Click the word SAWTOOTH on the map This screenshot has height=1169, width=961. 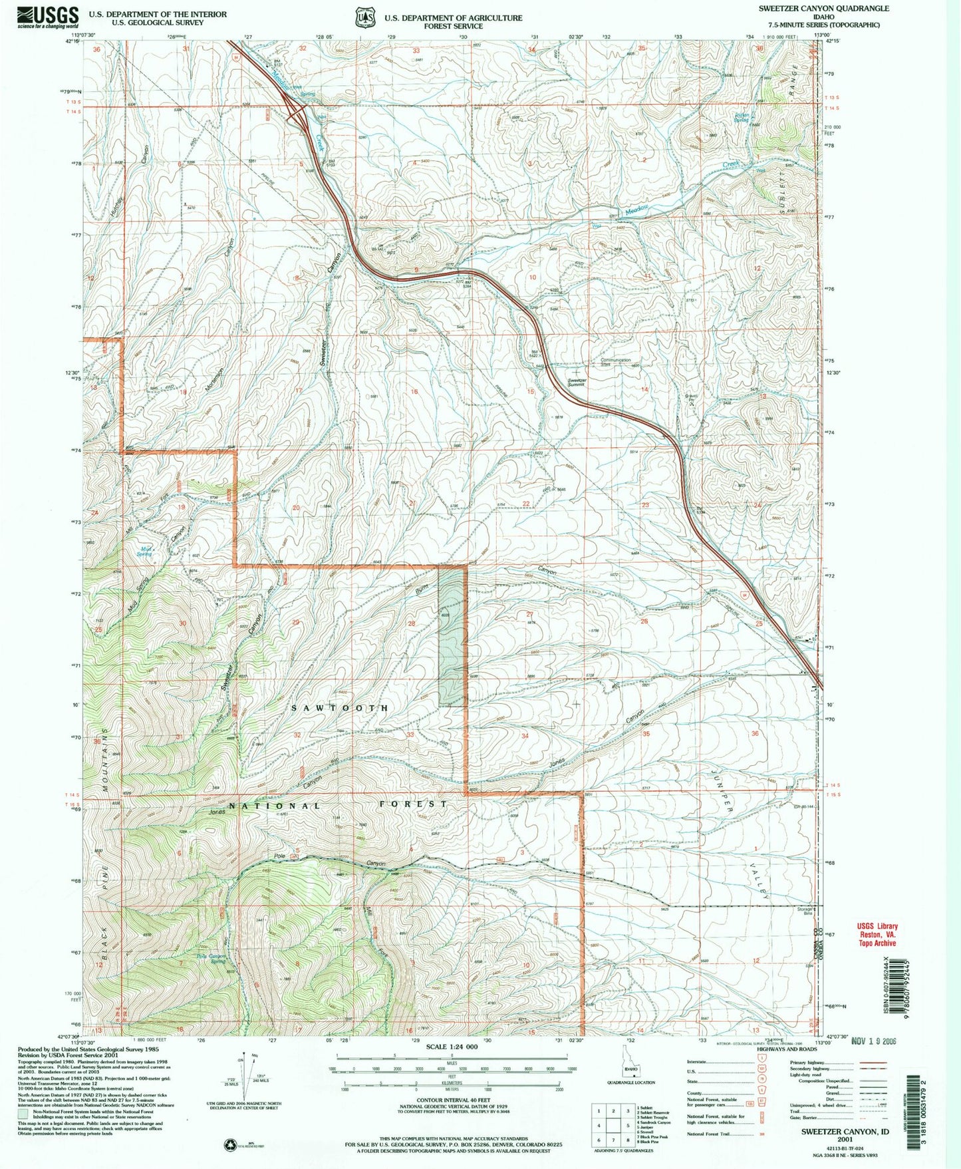point(340,709)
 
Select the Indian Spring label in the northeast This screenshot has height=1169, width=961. point(742,116)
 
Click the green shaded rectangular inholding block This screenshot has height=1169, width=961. point(452,635)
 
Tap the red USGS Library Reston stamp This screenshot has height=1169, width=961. point(877,934)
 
